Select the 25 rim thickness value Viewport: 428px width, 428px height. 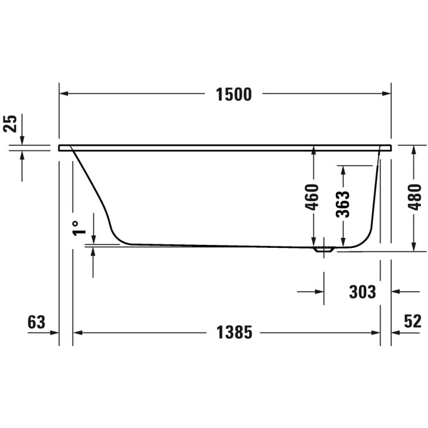coord(10,124)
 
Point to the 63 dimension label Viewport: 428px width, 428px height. coord(36,322)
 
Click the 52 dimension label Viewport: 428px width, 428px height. coord(413,322)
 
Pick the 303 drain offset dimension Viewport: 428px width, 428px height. coord(362,292)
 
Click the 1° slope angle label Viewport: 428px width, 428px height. coord(76,228)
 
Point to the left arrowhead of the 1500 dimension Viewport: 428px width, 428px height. coord(64,94)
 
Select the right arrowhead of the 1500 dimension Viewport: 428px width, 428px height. coord(386,94)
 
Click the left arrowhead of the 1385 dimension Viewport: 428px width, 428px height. coord(77,332)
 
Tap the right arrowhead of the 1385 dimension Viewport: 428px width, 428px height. coord(376,332)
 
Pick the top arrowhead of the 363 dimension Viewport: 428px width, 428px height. coord(343,169)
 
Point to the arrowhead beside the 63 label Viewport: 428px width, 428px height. coord(55,332)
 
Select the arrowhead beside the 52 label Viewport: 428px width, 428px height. coord(396,332)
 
